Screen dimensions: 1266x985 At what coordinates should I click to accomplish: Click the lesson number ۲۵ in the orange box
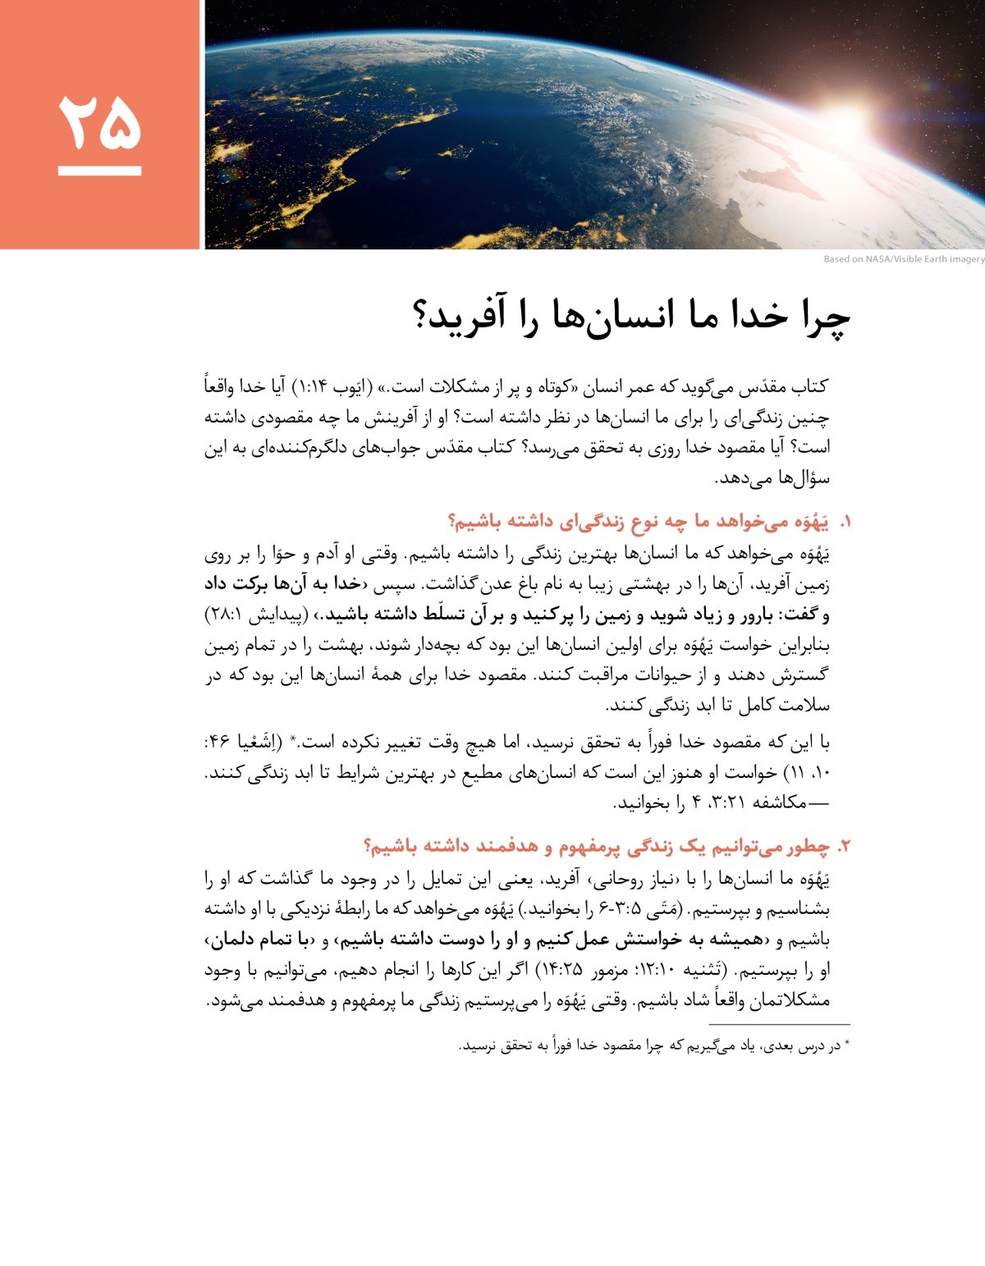click(x=99, y=121)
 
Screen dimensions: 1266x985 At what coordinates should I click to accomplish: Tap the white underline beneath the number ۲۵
click(x=99, y=171)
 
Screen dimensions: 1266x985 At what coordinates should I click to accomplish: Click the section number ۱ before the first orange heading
click(x=845, y=523)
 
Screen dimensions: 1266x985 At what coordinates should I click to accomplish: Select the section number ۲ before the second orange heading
click(x=845, y=847)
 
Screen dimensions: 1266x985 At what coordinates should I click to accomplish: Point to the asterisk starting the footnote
click(x=847, y=1044)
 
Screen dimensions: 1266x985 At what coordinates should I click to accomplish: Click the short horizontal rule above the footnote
click(x=779, y=1024)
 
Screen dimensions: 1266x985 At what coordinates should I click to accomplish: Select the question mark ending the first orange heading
click(x=453, y=523)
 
